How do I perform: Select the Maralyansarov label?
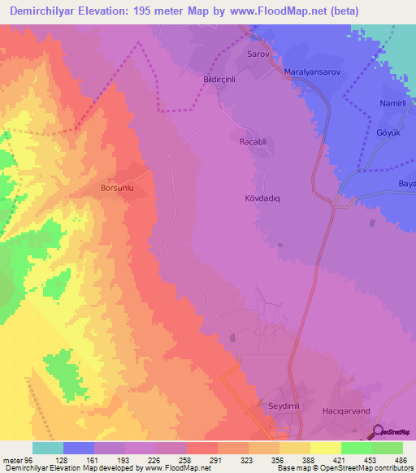(x=311, y=72)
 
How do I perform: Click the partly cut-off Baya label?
(x=405, y=184)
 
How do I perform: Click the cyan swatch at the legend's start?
(x=48, y=448)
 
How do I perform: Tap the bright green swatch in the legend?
(x=357, y=448)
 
